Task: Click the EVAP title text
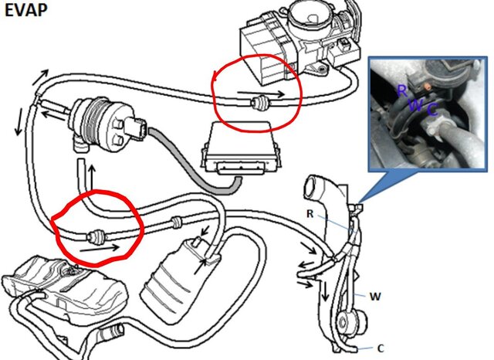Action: click(25, 10)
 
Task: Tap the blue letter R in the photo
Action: click(402, 90)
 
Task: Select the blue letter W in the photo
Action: click(416, 105)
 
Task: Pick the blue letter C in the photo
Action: click(432, 110)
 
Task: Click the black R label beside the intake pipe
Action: click(310, 214)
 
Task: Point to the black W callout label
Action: click(375, 297)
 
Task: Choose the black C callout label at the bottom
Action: click(381, 348)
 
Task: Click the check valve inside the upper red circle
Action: click(259, 103)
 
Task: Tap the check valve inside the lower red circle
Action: click(96, 236)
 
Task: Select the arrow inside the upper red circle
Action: click(261, 93)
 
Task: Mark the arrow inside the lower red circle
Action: click(100, 247)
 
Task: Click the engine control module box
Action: click(240, 148)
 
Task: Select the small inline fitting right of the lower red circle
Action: click(176, 222)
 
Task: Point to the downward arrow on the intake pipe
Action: click(324, 290)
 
